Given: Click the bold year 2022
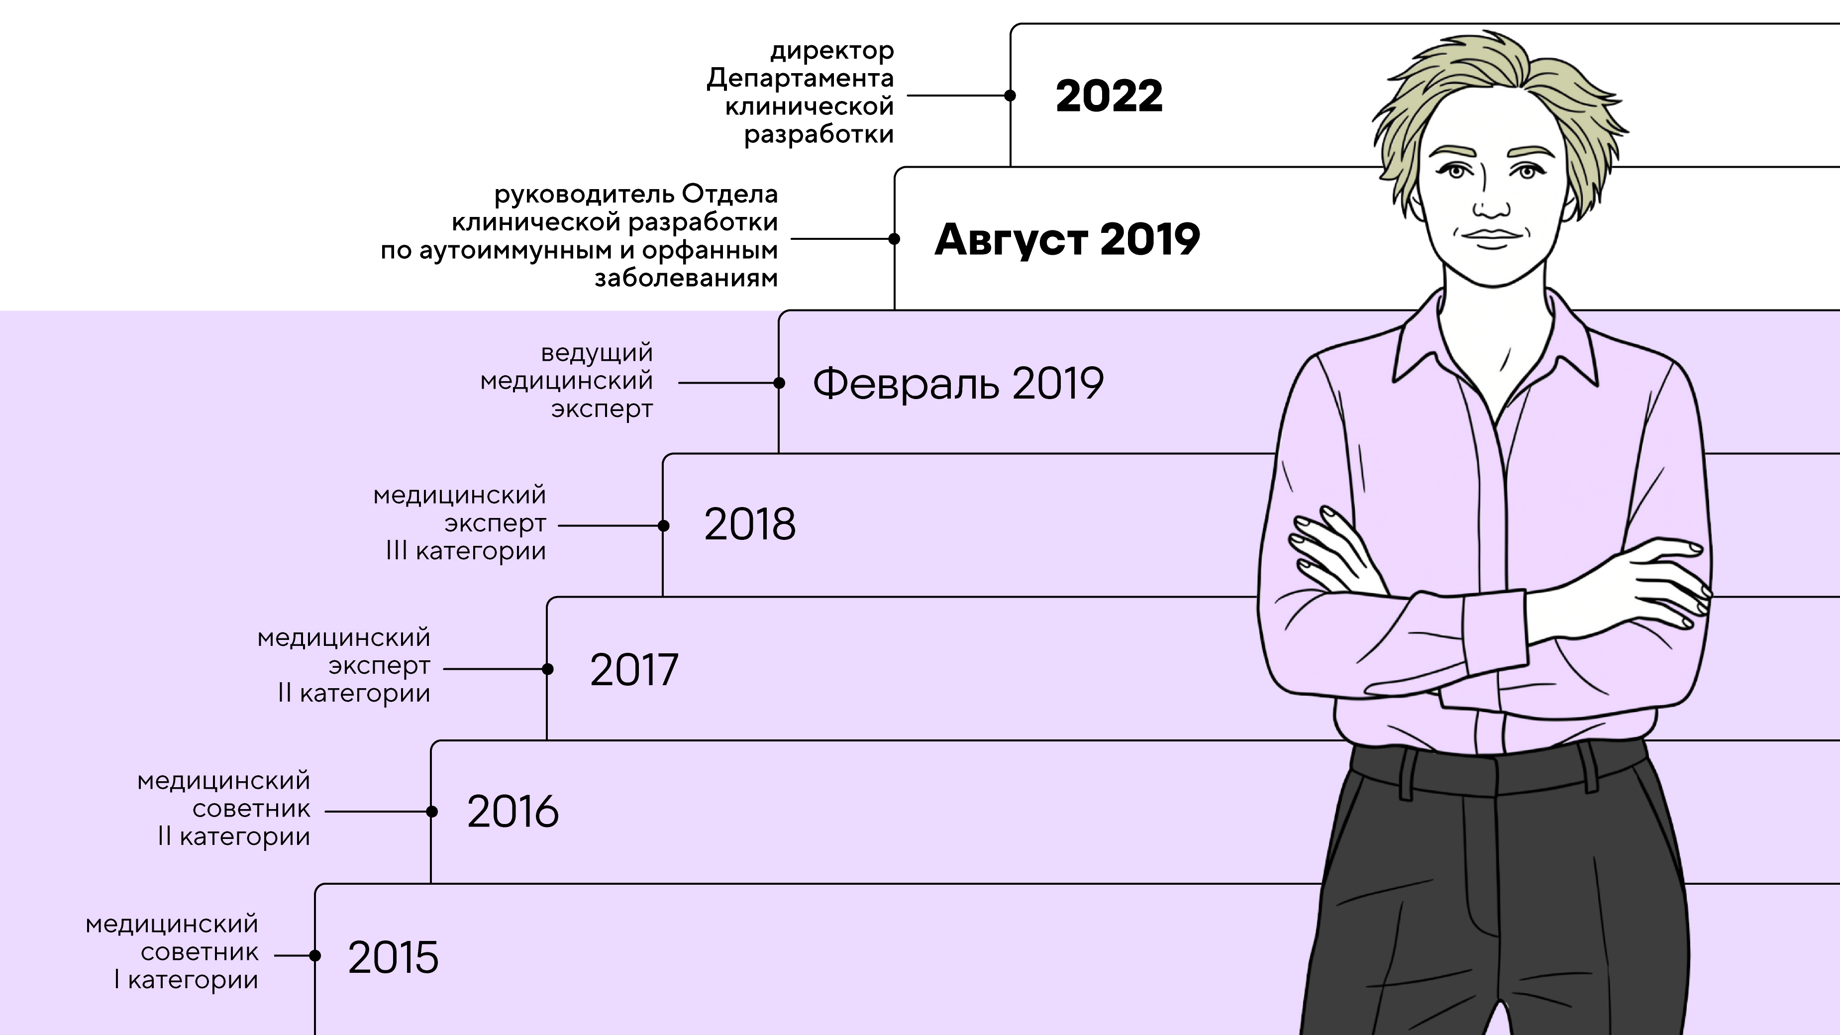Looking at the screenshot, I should click(x=1109, y=96).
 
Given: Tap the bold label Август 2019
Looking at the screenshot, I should click(x=1067, y=239).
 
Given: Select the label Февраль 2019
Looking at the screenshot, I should click(x=958, y=384).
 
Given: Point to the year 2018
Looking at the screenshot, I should click(x=749, y=524).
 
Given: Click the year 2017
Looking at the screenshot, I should click(x=633, y=669).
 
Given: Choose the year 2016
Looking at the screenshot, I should click(x=512, y=812).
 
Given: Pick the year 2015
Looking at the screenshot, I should click(x=393, y=957).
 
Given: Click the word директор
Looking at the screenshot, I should click(x=831, y=51).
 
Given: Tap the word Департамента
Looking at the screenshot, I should click(x=800, y=79).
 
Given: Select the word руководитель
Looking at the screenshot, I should click(x=584, y=194).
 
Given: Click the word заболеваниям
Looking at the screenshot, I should click(x=686, y=278).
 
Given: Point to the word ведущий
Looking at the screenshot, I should click(x=597, y=353).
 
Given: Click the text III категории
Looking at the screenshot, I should click(x=466, y=551).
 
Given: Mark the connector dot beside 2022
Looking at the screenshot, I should click(x=1010, y=96).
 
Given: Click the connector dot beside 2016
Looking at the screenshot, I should click(x=431, y=812).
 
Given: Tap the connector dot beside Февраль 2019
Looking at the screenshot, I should click(x=779, y=383).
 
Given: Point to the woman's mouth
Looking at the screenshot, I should click(x=1491, y=236).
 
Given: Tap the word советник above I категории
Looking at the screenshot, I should click(x=200, y=952).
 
